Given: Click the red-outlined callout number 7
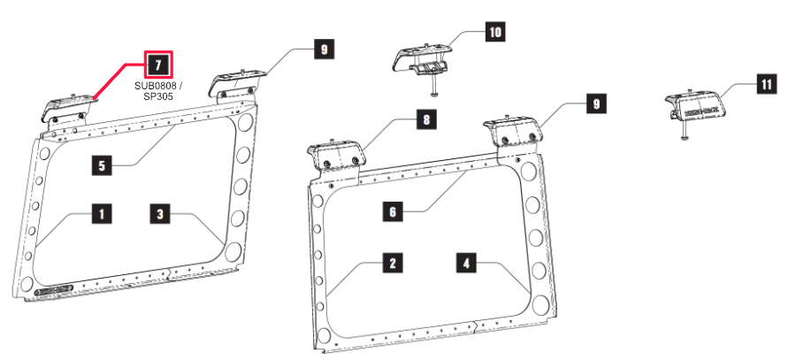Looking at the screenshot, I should [x=157, y=65].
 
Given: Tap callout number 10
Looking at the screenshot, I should [x=495, y=33].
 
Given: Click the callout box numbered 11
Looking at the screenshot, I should [x=765, y=85].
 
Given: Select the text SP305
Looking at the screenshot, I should [x=155, y=96].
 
